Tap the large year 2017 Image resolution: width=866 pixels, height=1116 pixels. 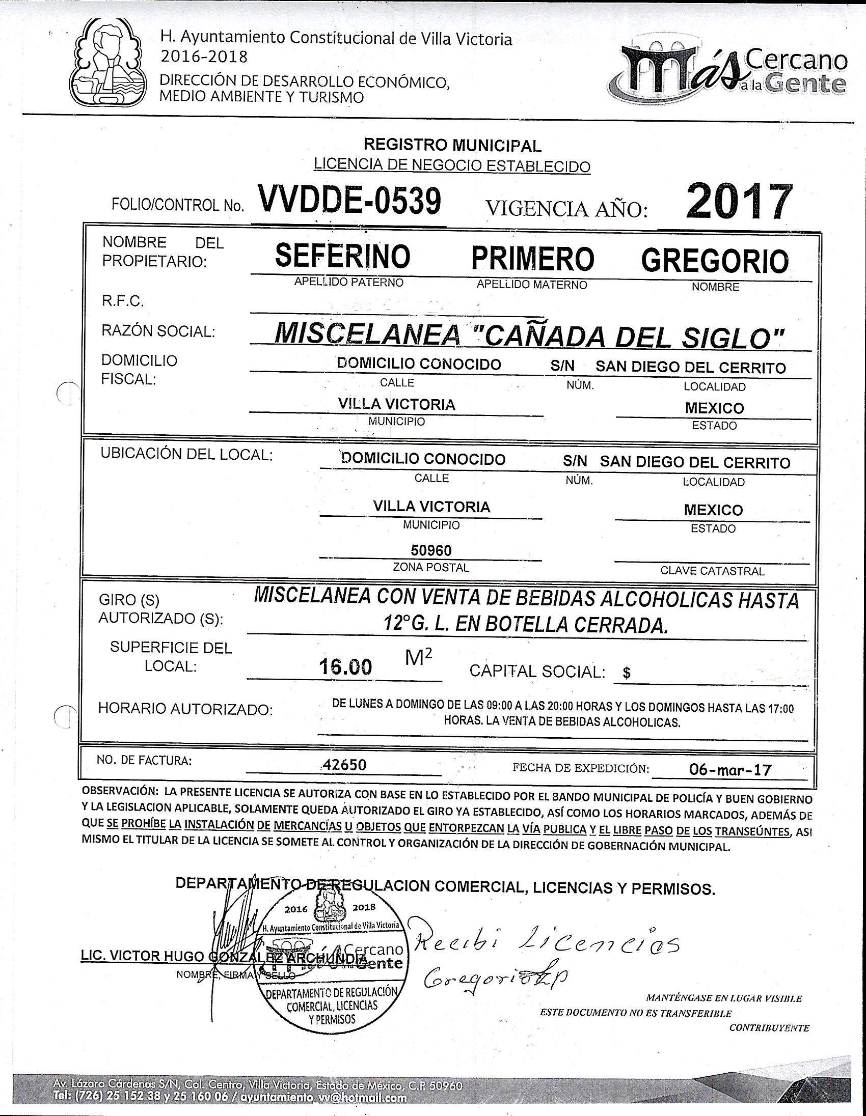pyautogui.click(x=739, y=201)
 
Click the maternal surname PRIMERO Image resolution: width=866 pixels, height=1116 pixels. pyautogui.click(x=532, y=258)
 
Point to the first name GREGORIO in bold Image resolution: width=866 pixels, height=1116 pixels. pyautogui.click(x=714, y=260)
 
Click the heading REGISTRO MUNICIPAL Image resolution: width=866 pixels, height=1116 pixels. pyautogui.click(x=452, y=146)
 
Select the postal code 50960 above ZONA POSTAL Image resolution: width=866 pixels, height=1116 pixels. pyautogui.click(x=431, y=550)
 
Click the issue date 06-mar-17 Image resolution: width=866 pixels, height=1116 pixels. pyautogui.click(x=729, y=770)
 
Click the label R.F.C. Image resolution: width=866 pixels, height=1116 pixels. pyautogui.click(x=123, y=301)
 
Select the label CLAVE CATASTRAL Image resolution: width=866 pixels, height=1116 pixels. pyautogui.click(x=712, y=571)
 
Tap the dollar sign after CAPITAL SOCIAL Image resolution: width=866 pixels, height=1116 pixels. pyautogui.click(x=627, y=674)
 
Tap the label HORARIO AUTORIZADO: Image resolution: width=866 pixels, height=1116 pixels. pyautogui.click(x=185, y=709)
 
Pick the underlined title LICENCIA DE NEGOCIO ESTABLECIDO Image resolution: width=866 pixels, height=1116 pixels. pyautogui.click(x=452, y=165)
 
